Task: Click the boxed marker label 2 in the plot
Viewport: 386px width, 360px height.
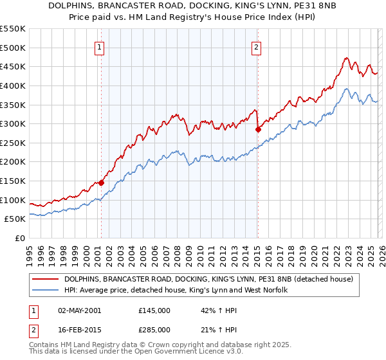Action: coord(257,46)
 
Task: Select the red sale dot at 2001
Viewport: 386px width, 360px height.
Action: coord(101,183)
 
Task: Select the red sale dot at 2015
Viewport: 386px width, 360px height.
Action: coord(258,129)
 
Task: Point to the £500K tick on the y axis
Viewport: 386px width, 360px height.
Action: coord(14,48)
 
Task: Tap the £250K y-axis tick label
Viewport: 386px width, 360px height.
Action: coord(14,143)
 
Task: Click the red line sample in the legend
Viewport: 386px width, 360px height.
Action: coord(45,280)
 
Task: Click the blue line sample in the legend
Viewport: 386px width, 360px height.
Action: coord(45,291)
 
